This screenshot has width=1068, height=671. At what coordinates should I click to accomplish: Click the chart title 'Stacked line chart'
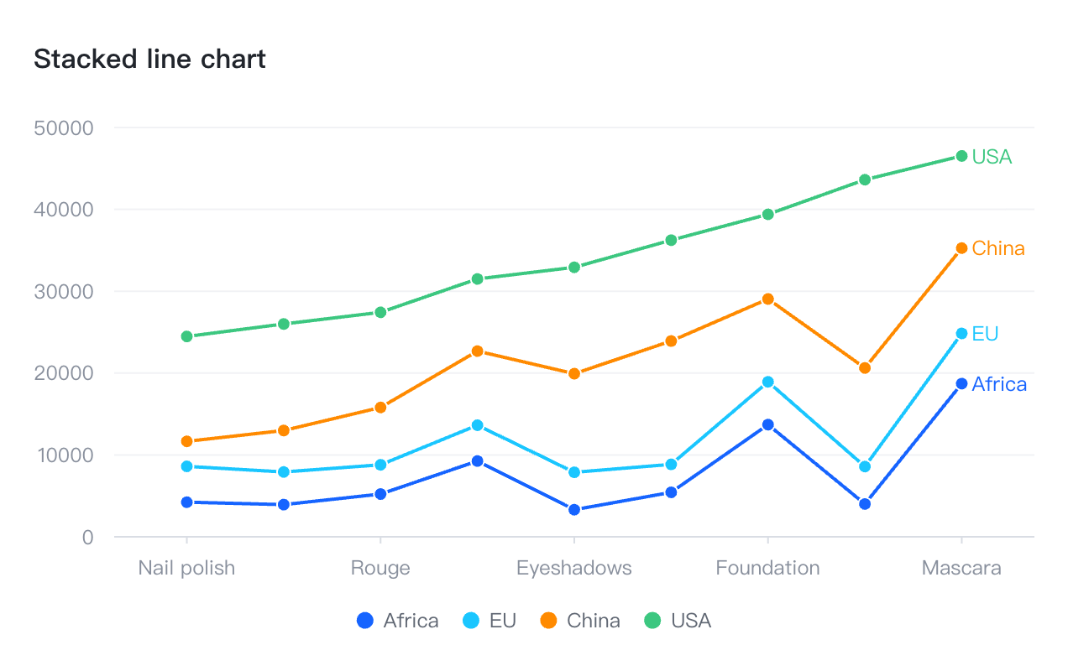tap(149, 60)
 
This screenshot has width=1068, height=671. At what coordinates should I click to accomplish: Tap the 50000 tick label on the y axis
tap(63, 128)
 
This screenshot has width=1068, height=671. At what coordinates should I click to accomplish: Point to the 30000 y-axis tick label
tap(63, 292)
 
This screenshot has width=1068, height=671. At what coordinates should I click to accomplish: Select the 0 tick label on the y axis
tap(87, 537)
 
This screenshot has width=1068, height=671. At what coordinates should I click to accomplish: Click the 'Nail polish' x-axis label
tap(186, 568)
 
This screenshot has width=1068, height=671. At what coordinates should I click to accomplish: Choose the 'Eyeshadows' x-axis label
tap(573, 568)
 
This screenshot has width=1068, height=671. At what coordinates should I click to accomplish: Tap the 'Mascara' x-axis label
tap(961, 568)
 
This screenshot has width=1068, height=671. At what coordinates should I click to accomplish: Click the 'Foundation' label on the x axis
tap(767, 568)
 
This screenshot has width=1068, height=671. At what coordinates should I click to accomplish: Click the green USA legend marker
tap(652, 621)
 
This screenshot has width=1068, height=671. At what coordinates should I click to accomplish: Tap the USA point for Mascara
tap(961, 156)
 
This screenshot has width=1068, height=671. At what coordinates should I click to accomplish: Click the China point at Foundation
tap(767, 299)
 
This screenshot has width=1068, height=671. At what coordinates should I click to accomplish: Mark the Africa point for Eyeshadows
tap(574, 510)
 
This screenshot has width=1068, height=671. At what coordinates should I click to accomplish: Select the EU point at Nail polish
tap(186, 466)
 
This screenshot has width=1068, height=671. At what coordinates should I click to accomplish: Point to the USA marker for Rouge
tap(380, 312)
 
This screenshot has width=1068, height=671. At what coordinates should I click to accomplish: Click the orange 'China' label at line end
tap(998, 248)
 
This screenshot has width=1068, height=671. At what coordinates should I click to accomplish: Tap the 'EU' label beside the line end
tap(985, 334)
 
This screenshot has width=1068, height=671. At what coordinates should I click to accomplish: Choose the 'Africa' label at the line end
tap(999, 384)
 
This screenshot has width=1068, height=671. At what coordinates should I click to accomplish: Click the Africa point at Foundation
tap(767, 425)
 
